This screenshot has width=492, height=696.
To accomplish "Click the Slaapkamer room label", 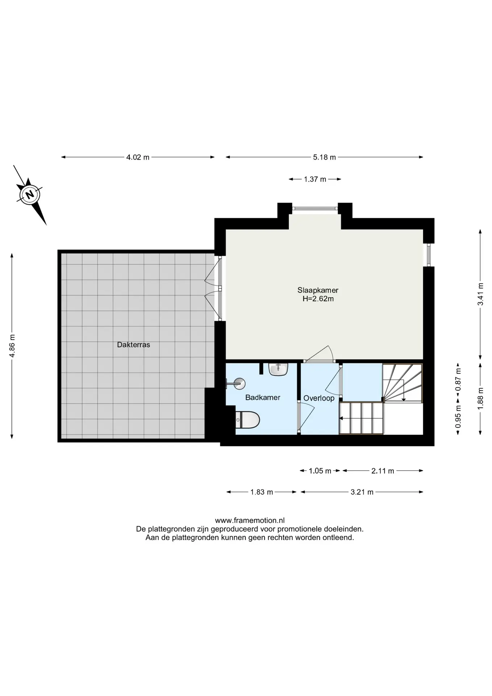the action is [318, 290].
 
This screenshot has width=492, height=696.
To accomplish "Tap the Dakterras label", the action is [133, 345].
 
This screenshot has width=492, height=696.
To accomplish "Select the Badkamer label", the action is [263, 397].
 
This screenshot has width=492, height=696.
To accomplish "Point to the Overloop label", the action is [319, 398].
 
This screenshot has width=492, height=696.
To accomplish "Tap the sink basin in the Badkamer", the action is [278, 369].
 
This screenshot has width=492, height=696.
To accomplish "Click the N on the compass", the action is [30, 194].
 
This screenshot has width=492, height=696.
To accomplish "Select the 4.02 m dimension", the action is [138, 157].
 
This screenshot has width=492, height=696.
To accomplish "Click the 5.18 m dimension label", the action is [324, 157].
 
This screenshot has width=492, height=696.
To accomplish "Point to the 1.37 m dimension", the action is [315, 179].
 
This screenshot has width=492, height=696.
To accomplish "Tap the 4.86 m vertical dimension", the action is [12, 345].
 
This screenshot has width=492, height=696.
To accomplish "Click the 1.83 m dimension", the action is [262, 492].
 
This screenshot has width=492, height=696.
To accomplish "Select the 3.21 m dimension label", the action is [362, 492].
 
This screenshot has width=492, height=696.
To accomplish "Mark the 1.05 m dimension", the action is [320, 471].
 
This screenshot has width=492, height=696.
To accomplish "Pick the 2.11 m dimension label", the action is [383, 471].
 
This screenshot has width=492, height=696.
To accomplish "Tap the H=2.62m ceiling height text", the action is [318, 299].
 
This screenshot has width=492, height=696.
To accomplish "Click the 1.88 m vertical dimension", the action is [480, 399].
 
